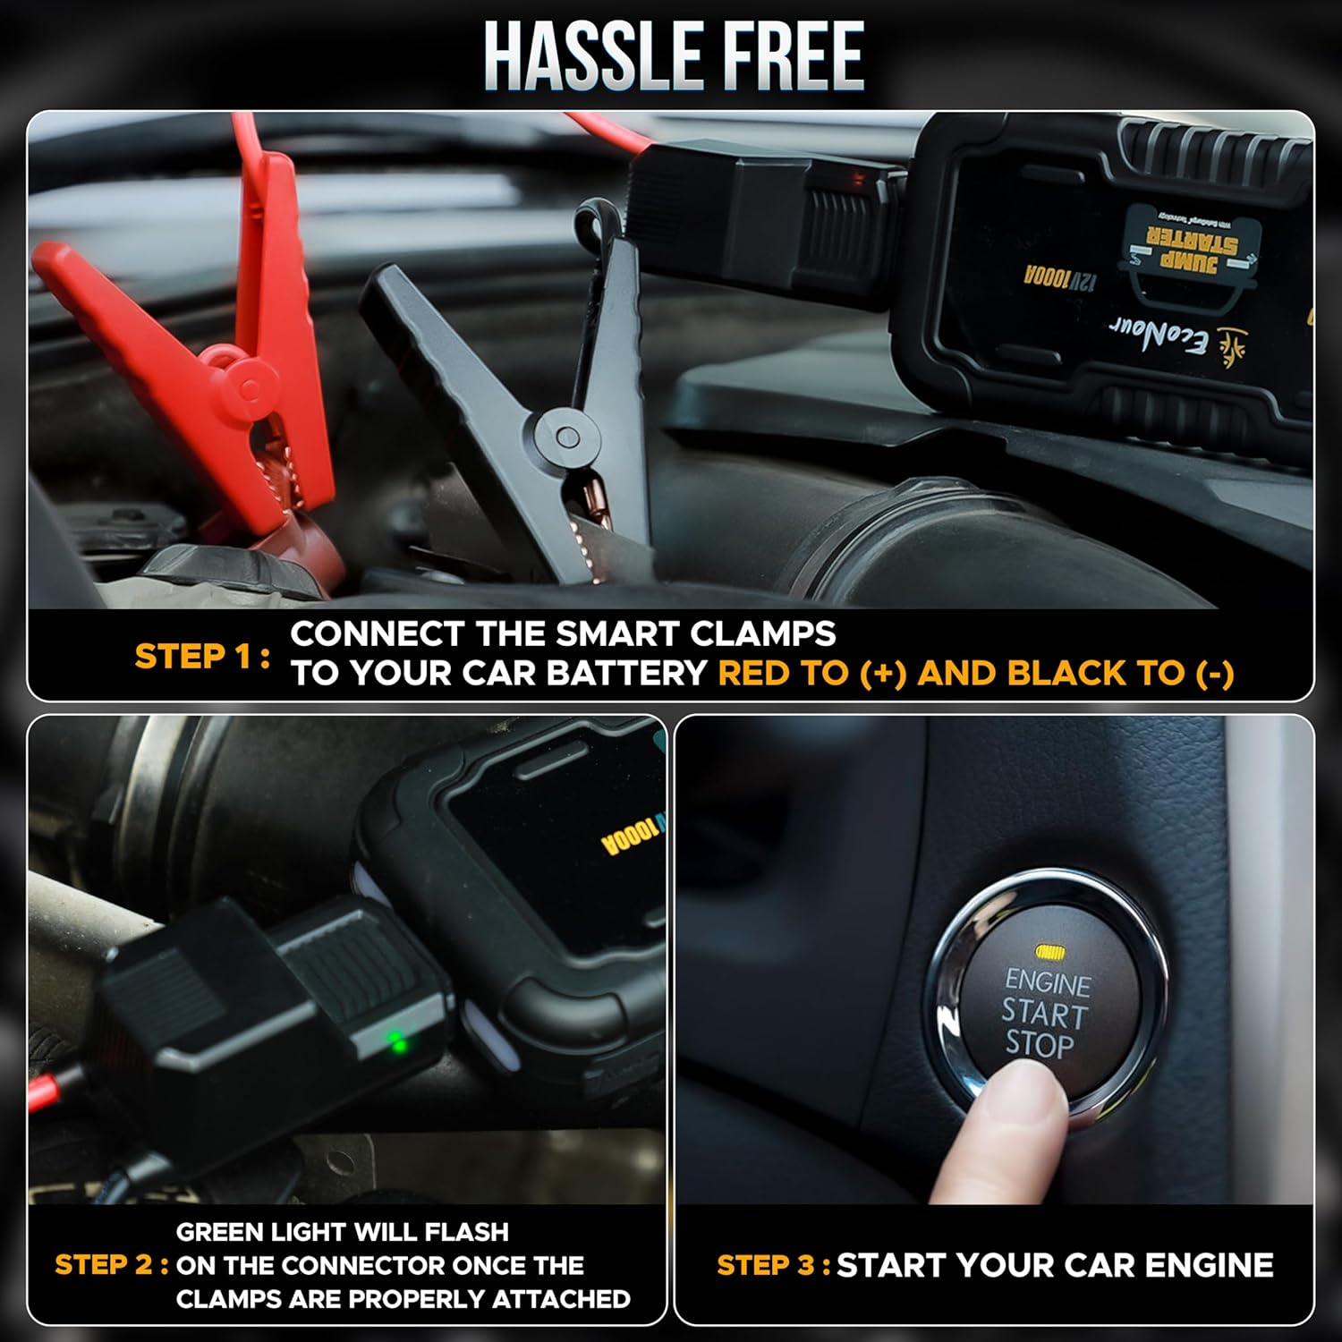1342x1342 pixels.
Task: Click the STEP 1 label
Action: click(x=201, y=656)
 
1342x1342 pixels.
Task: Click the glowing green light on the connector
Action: click(x=395, y=1041)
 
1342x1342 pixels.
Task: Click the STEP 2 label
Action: click(x=111, y=1265)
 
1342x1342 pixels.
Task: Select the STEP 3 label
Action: click(x=773, y=1265)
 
